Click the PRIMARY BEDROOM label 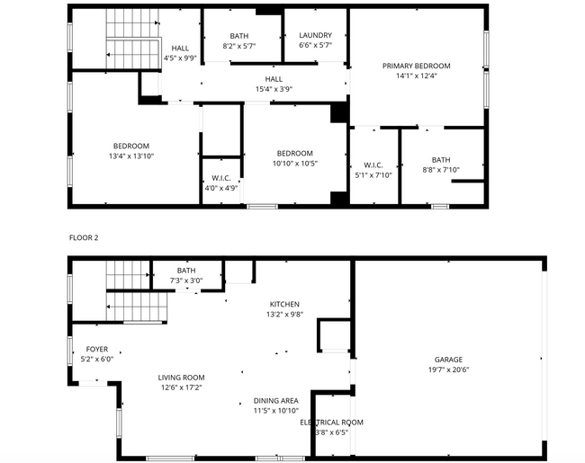(x=416, y=66)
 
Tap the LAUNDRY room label (x=315, y=35)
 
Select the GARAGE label (x=449, y=359)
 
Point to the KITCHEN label (x=283, y=304)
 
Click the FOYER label (x=96, y=349)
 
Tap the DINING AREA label (x=275, y=400)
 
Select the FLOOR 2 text (x=85, y=237)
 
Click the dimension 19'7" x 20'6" (x=449, y=370)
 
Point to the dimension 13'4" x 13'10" (x=130, y=156)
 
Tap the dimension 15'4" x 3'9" (x=274, y=89)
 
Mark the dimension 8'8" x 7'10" (x=440, y=170)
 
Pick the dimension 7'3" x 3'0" (x=186, y=280)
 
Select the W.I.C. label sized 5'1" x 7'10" (x=373, y=165)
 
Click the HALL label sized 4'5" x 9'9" (x=181, y=49)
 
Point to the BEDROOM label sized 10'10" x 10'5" (x=294, y=153)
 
